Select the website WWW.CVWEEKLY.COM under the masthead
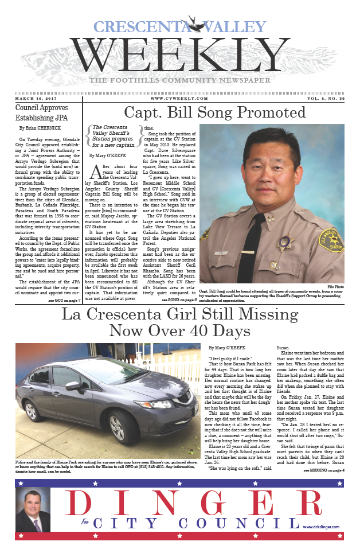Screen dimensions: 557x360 click(179, 99)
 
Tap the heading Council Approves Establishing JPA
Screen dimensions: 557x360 click(41, 112)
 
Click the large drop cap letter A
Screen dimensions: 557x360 click(96, 172)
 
